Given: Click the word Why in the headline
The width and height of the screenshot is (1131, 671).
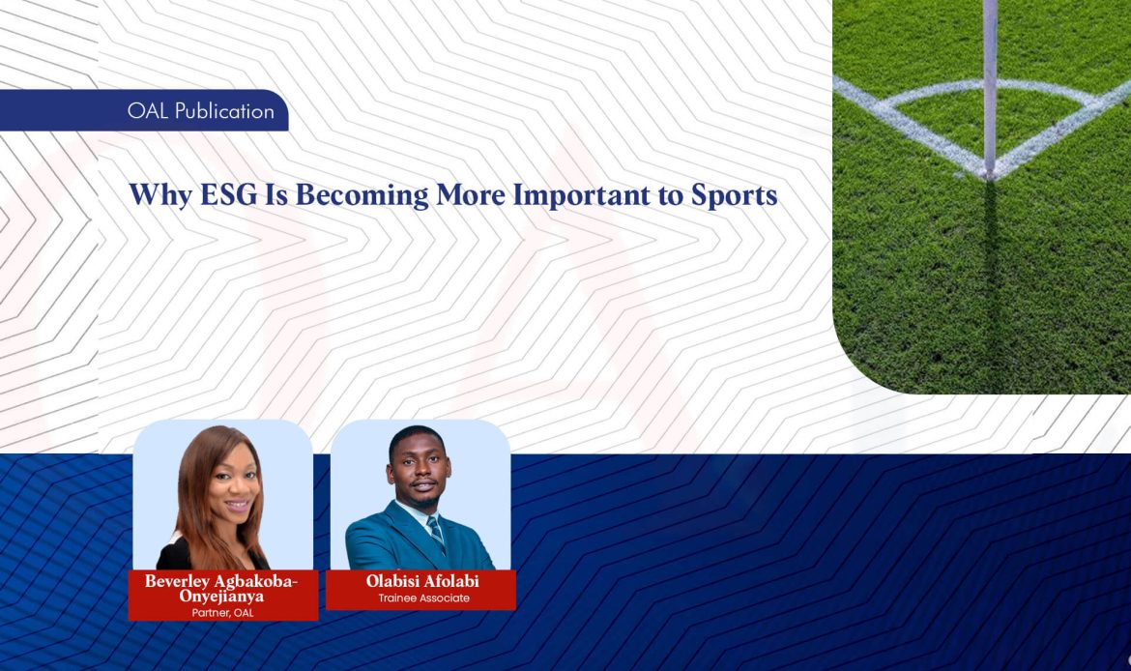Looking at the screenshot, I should [152, 195].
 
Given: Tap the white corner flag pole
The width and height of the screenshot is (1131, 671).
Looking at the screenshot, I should [990, 77].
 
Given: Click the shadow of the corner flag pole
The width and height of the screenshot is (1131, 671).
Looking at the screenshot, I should [991, 271].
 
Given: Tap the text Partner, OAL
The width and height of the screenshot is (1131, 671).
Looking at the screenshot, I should [223, 612].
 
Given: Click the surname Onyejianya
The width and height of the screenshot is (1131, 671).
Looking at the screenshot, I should [223, 597].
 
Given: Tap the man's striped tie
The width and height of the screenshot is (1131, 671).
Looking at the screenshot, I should [436, 532].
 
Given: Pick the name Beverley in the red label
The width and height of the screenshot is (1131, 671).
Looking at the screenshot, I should [176, 581].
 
